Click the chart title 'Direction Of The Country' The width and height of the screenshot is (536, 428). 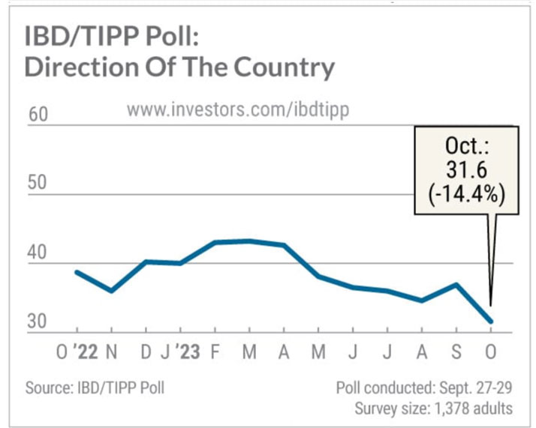[x=179, y=67]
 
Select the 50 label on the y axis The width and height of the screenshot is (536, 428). [x=37, y=185]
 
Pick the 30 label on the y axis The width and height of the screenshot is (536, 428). [x=37, y=322]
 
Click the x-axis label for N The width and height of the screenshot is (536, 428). [x=111, y=352]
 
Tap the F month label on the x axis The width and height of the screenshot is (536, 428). [x=214, y=352]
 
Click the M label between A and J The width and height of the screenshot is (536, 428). [x=318, y=352]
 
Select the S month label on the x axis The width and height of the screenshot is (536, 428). [x=456, y=352]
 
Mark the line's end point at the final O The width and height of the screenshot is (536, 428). [x=492, y=322]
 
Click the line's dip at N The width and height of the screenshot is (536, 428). [x=111, y=290]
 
